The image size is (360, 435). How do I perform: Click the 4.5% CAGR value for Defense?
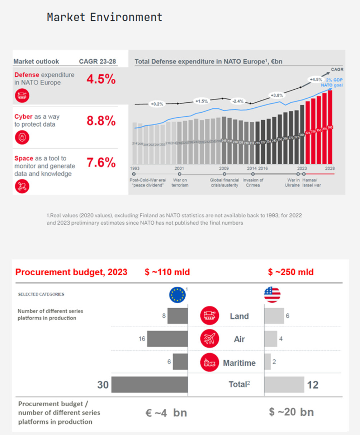tap(101, 79)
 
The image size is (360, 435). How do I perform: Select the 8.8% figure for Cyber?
tap(101, 121)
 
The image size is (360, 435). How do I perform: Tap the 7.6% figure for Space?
tap(101, 163)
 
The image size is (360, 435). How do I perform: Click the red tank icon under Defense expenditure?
tap(22, 96)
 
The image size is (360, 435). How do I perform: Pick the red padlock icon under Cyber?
tap(22, 137)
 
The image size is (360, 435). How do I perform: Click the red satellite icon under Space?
tap(22, 186)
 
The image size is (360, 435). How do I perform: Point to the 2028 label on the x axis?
tap(330, 168)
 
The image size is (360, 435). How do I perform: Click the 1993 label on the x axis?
tap(135, 168)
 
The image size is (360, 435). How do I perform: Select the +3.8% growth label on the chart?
tap(276, 95)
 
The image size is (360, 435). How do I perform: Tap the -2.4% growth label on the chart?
tap(238, 101)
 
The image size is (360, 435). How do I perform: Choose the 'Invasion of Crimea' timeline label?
tap(253, 182)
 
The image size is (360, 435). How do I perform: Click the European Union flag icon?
tap(177, 295)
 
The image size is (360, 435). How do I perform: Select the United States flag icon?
tap(272, 295)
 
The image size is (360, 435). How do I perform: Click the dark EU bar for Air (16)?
tap(167, 339)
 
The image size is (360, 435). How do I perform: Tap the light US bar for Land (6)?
tap(274, 316)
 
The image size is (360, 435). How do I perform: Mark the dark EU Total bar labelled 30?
tap(150, 385)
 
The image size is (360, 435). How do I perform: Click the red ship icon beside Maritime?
tap(209, 362)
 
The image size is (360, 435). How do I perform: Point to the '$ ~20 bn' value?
tap(291, 412)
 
